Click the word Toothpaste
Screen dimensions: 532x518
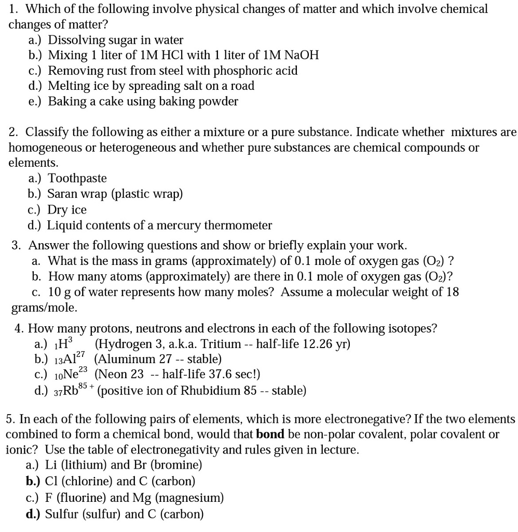tap(77, 179)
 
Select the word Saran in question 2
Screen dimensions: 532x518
tap(62, 194)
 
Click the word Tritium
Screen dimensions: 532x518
tap(221, 344)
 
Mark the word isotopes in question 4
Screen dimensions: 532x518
tap(413, 328)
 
